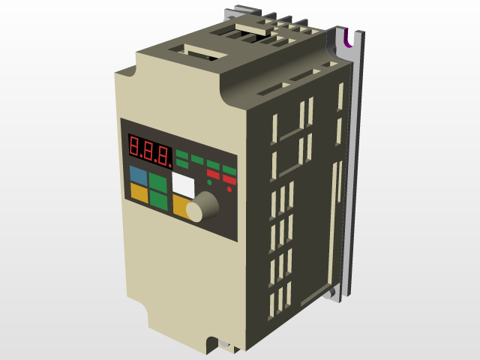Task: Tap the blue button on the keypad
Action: coord(138,175)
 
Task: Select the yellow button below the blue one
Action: coord(139,192)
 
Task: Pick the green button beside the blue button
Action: coord(158,181)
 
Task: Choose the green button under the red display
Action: coord(158,199)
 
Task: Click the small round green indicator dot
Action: coord(209,182)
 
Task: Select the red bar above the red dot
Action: coord(229,179)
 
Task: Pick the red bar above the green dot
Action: coord(213,175)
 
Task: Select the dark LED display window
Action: coord(149,150)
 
